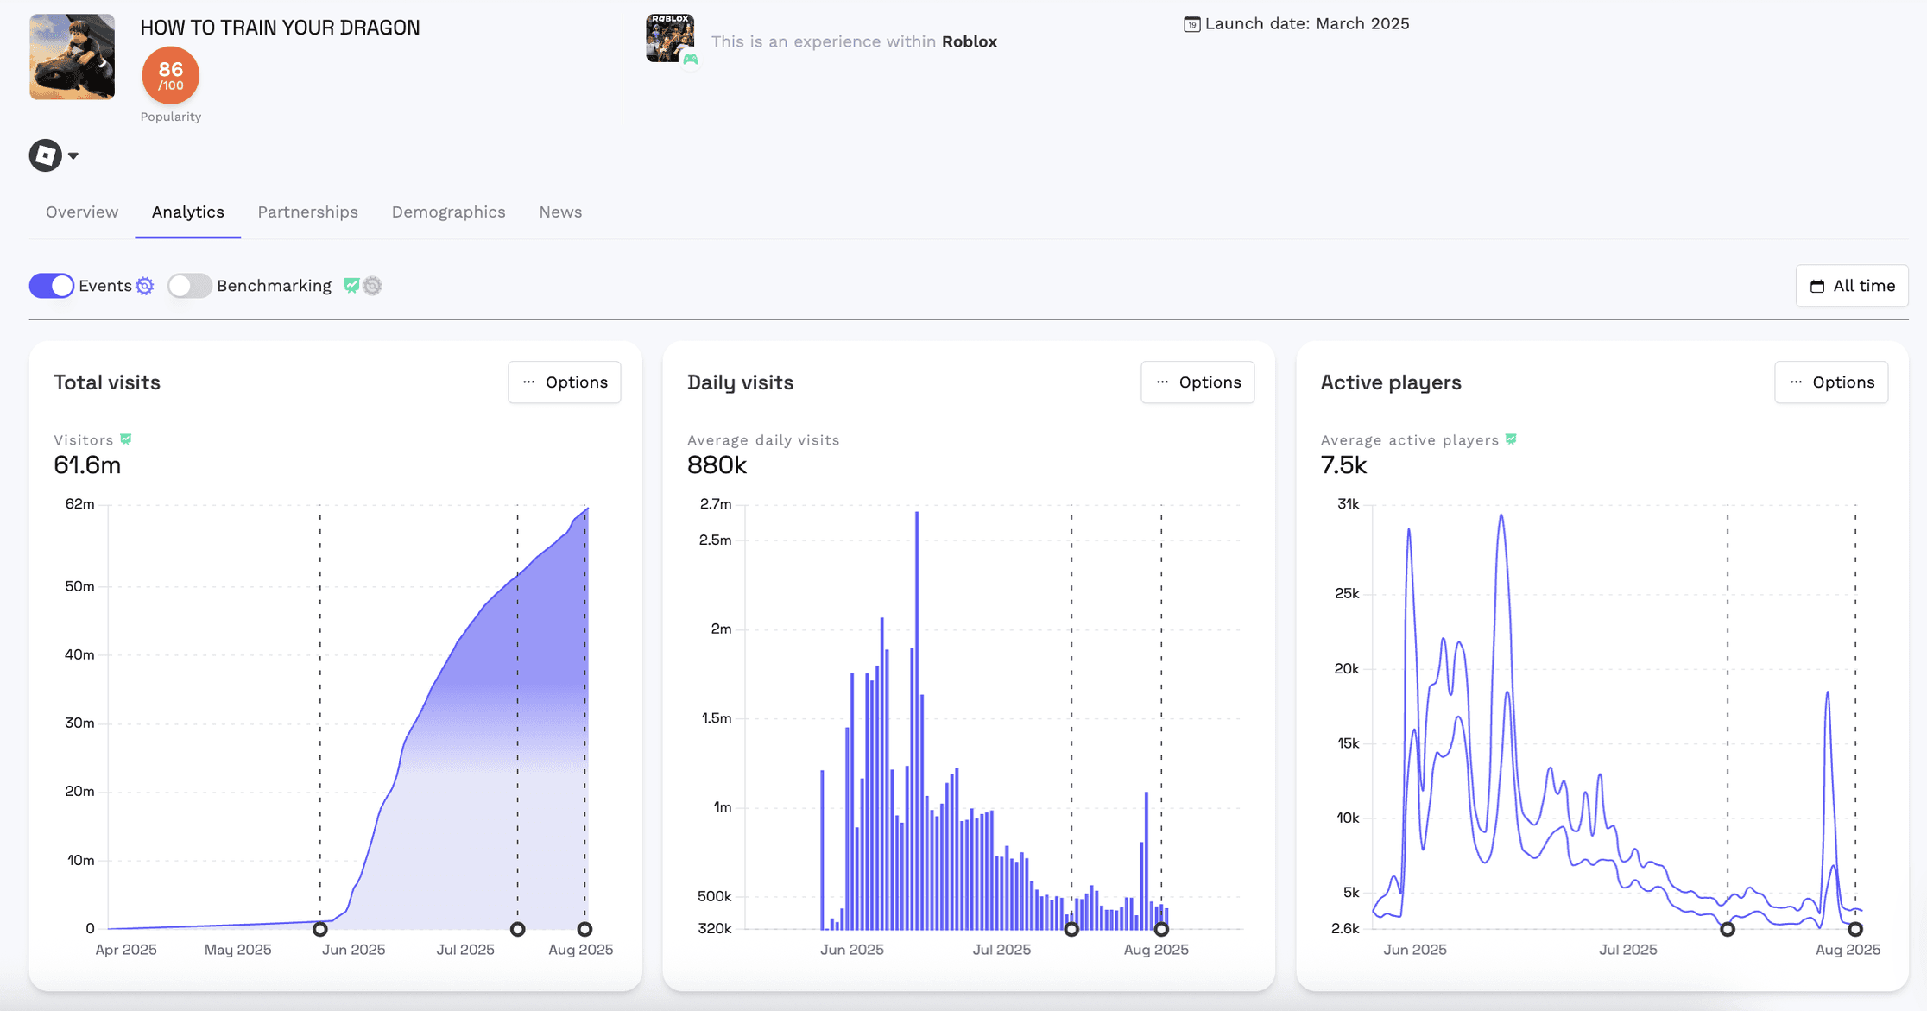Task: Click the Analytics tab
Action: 187,212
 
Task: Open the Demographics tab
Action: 448,212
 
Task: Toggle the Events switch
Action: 52,286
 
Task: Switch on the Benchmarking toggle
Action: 189,286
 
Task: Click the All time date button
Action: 1852,286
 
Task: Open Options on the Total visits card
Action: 565,382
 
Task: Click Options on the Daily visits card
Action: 1197,382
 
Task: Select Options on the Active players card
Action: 1831,382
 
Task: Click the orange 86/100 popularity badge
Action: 171,75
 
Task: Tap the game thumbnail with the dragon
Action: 73,57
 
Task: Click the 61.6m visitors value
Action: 87,465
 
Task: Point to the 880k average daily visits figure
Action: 717,465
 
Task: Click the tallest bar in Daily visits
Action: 917,717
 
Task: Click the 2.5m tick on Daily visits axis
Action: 715,540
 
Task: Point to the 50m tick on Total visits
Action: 79,586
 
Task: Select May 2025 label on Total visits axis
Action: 237,950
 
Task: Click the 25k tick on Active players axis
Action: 1347,593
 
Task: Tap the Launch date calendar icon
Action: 1191,24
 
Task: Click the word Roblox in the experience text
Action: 969,41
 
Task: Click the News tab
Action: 560,212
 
